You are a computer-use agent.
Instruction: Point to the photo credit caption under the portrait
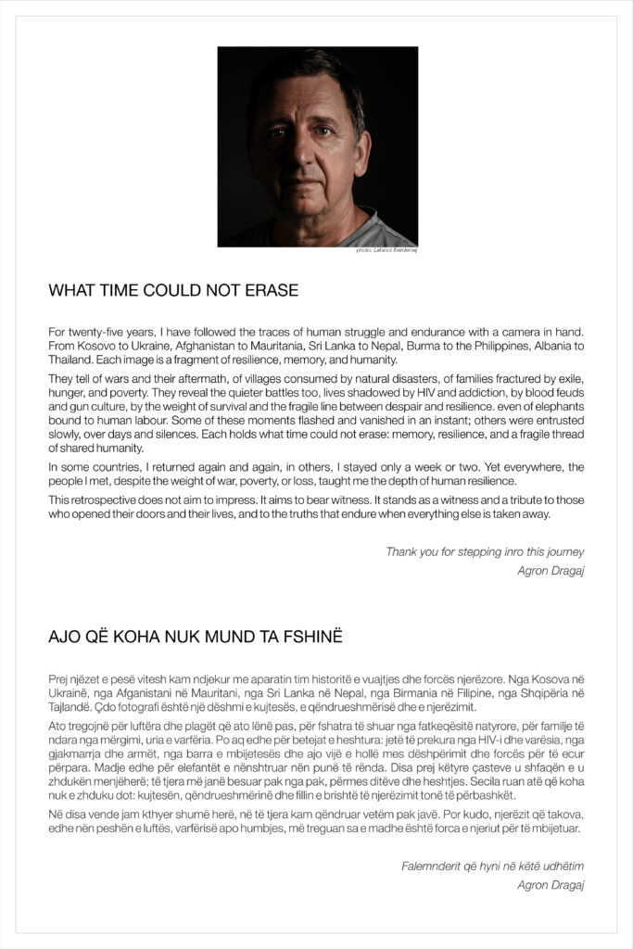[386, 250]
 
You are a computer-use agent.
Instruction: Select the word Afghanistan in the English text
[193, 346]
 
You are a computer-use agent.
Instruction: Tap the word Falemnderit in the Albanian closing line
[429, 867]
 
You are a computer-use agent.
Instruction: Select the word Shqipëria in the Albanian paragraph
[532, 692]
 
